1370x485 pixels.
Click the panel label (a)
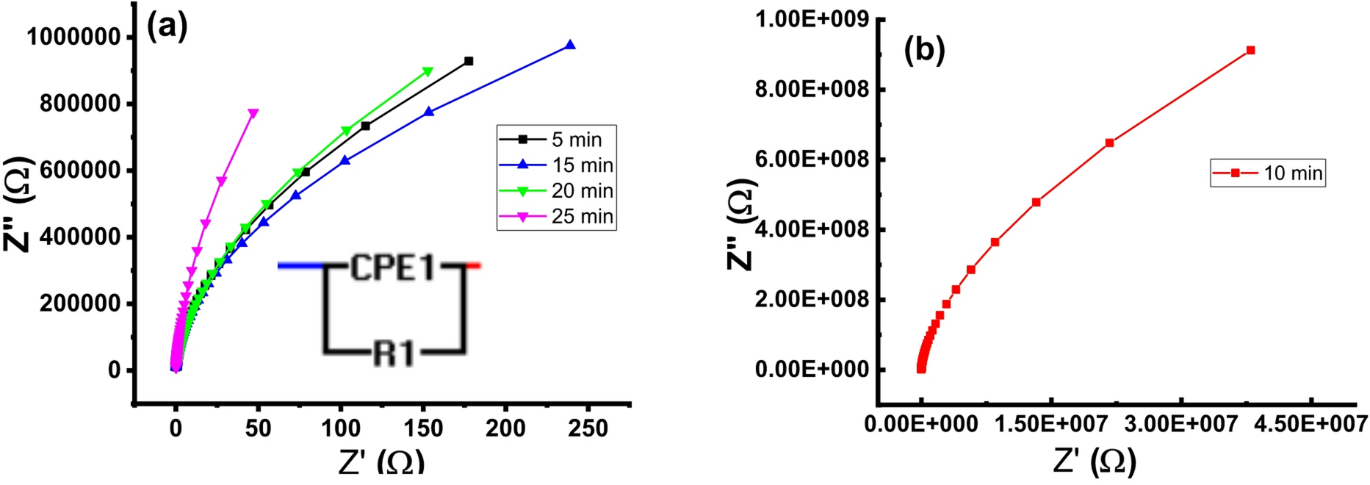coord(167,27)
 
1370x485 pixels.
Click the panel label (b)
coord(924,50)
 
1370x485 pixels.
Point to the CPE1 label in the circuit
coord(393,267)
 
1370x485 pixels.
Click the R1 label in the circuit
coord(394,354)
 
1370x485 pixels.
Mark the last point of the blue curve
coord(570,46)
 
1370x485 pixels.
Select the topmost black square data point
coord(469,62)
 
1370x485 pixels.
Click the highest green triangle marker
coord(428,72)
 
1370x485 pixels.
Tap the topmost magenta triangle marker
coord(253,114)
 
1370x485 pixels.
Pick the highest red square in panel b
coord(1251,51)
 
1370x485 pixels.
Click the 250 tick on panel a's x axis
coord(588,428)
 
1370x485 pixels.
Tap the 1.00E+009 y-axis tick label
coord(811,19)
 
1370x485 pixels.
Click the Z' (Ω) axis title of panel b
coord(1095,461)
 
